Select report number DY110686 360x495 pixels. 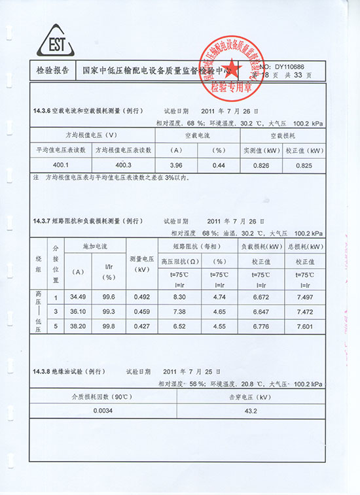tap(289, 66)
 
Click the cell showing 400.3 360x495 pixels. tap(123, 165)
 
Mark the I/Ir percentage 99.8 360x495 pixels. tap(108, 325)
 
